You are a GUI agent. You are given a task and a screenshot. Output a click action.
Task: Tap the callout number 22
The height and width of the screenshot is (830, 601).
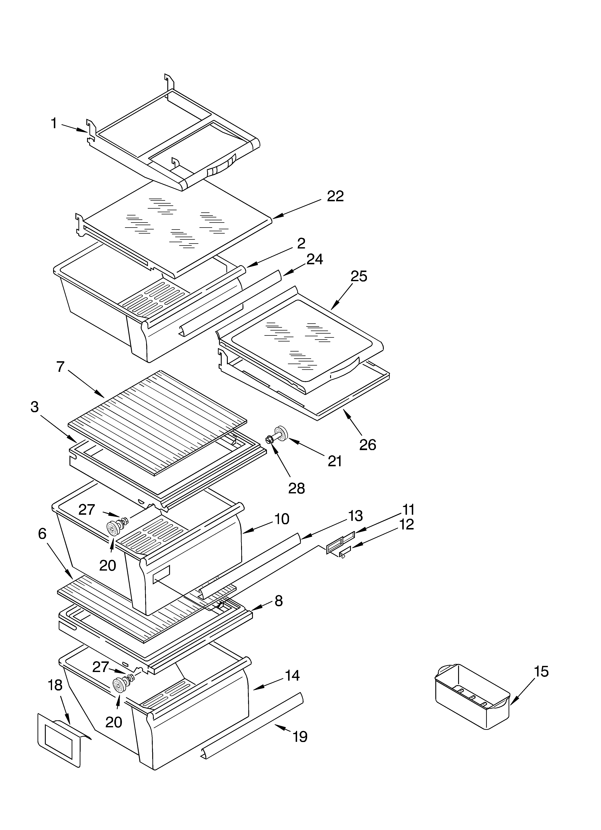[x=335, y=197]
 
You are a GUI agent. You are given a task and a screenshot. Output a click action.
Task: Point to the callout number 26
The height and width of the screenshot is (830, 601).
[x=367, y=445]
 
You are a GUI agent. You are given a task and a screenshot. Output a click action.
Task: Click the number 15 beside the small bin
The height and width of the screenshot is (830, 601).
[x=541, y=672]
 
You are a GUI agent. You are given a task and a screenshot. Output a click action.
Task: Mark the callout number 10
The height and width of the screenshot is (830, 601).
[x=282, y=519]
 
